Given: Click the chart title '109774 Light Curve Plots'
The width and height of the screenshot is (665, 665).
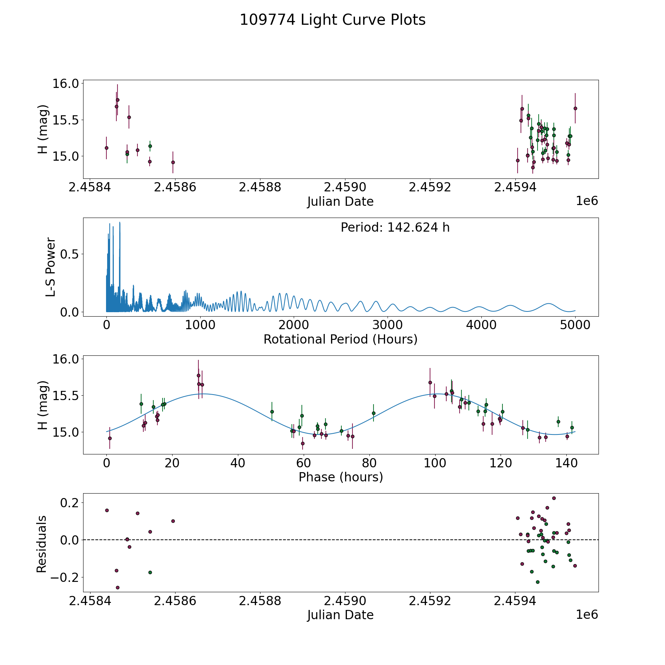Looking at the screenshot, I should [x=332, y=20].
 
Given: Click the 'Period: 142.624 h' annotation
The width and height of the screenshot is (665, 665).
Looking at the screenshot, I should [x=395, y=228].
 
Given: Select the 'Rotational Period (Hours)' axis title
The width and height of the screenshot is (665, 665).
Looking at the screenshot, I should [x=340, y=339].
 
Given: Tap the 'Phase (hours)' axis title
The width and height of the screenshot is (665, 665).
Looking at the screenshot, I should [x=340, y=477].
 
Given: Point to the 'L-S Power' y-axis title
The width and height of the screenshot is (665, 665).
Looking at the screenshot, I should [x=51, y=267].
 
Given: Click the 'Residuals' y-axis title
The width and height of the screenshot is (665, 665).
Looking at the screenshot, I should [x=42, y=544].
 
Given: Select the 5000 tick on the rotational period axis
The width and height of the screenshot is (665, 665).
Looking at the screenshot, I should [x=575, y=325].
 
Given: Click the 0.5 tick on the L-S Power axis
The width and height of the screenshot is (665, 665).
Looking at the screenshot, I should [x=70, y=254].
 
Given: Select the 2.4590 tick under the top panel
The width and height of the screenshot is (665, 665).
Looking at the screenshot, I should [x=345, y=187].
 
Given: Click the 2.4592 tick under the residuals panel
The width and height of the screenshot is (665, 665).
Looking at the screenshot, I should [x=430, y=601].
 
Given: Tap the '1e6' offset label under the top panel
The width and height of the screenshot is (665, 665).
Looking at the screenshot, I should [x=587, y=201].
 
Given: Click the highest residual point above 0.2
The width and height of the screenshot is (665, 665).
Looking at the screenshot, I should [x=554, y=498].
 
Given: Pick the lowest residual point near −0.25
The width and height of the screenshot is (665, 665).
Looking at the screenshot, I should [x=117, y=587].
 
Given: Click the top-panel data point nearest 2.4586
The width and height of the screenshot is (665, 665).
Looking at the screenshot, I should [x=173, y=162].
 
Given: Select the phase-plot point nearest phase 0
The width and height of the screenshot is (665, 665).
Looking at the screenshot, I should [x=110, y=438].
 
